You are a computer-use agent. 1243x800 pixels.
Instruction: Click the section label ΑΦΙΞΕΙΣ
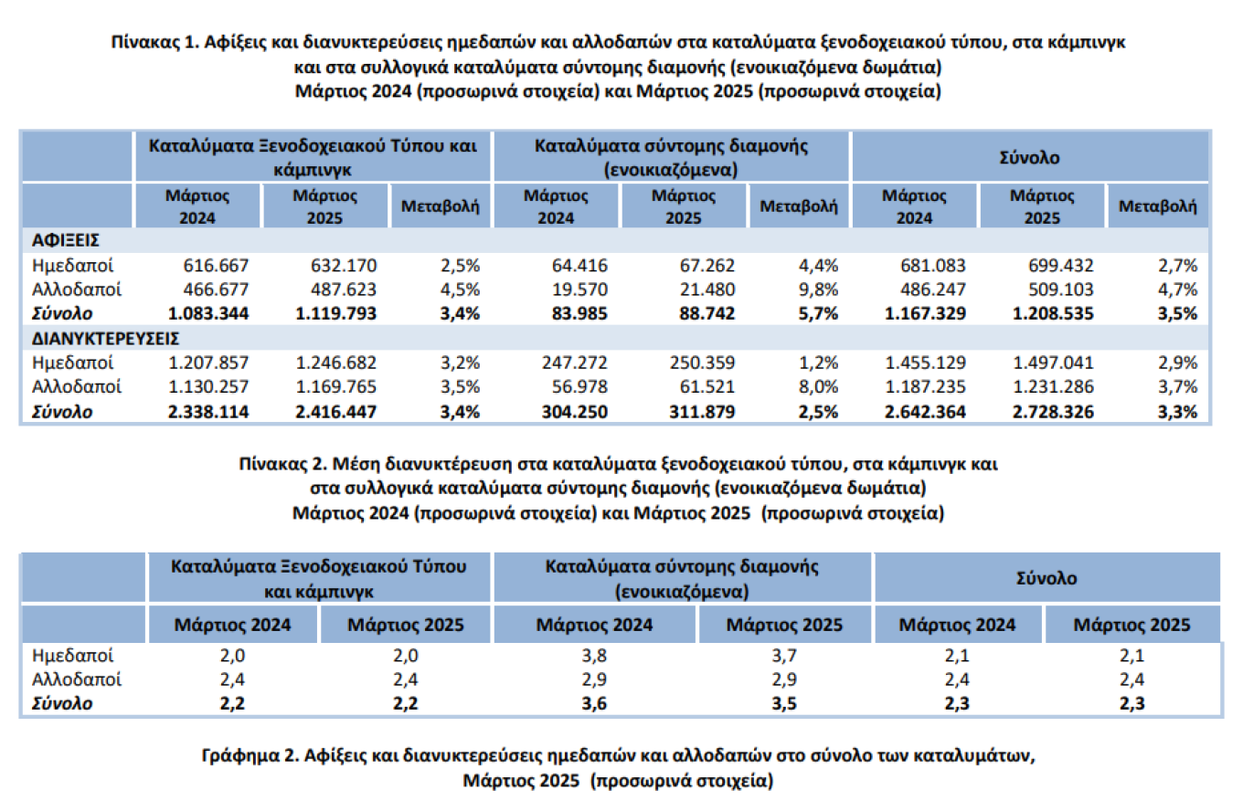point(65,240)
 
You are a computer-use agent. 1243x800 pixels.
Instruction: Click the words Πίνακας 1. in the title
point(154,42)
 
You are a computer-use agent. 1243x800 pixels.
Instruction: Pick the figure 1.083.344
point(210,314)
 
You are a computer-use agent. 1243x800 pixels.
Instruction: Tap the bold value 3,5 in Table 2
point(784,703)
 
